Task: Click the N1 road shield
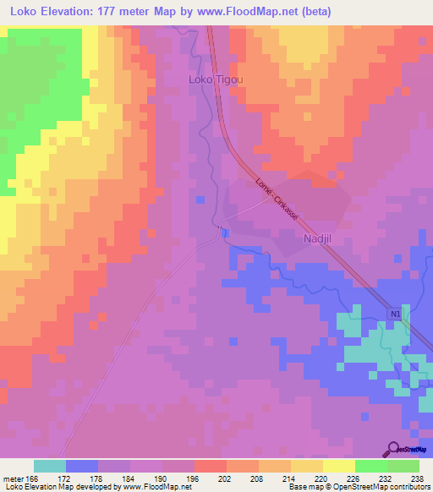coord(396,314)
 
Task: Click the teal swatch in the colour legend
coord(50,466)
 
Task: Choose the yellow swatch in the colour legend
coord(339,466)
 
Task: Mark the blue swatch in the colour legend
coord(82,466)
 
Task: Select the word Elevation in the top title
coord(65,12)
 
